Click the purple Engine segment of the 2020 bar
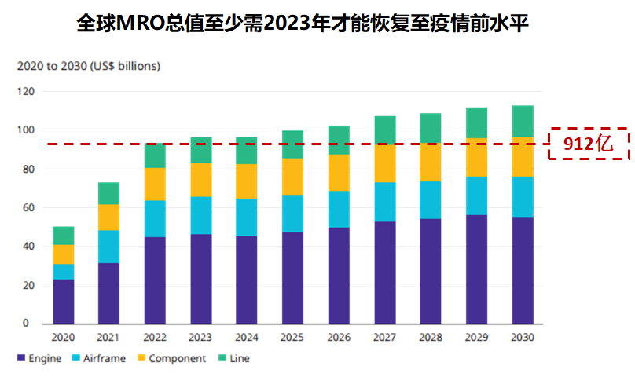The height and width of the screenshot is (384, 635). [64, 302]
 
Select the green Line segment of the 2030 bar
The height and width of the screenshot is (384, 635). [523, 122]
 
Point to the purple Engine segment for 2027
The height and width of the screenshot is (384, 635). [385, 272]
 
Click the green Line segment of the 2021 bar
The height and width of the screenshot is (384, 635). [109, 193]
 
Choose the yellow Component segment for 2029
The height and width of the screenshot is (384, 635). [476, 158]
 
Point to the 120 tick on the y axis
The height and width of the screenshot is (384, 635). [28, 91]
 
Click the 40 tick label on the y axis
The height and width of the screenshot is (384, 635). [28, 246]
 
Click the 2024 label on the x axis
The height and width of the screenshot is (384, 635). [248, 337]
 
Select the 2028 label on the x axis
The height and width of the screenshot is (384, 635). [431, 337]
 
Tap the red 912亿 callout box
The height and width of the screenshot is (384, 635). [589, 142]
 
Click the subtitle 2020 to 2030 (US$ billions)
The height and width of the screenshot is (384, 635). [89, 66]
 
